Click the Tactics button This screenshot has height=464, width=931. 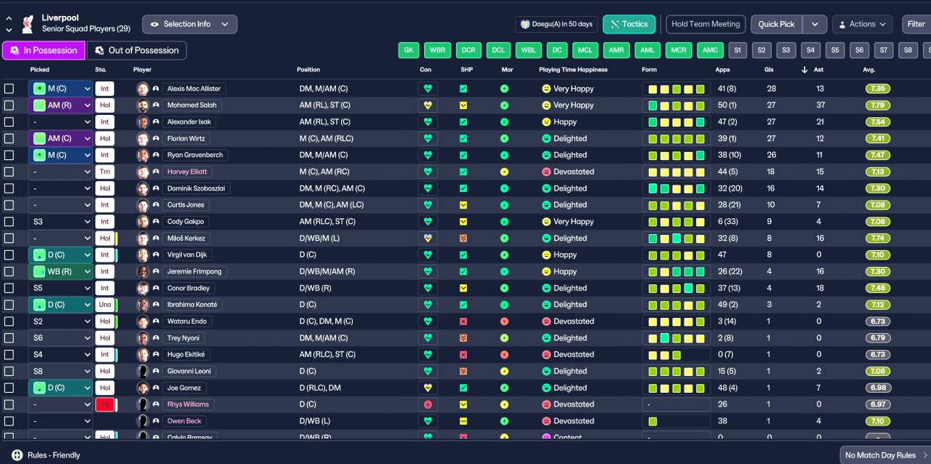pyautogui.click(x=629, y=24)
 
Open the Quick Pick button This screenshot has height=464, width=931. pyautogui.click(x=777, y=24)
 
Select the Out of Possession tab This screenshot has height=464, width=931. pyautogui.click(x=137, y=50)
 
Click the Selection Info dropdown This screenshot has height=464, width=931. pyautogui.click(x=189, y=24)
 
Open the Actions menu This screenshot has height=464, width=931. pyautogui.click(x=862, y=24)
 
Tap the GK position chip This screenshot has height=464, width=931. pyautogui.click(x=409, y=50)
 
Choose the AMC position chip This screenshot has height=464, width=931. pyautogui.click(x=709, y=50)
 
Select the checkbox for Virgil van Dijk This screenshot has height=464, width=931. pyautogui.click(x=9, y=255)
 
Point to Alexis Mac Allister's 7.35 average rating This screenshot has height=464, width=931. pyautogui.click(x=878, y=89)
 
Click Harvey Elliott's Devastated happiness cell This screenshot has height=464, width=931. pyautogui.click(x=567, y=172)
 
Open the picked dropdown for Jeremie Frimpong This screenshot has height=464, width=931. pyautogui.click(x=61, y=271)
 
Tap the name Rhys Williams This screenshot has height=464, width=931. pyautogui.click(x=188, y=404)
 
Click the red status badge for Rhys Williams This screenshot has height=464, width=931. pyautogui.click(x=104, y=404)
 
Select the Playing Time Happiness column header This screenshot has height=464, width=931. pyautogui.click(x=572, y=70)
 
